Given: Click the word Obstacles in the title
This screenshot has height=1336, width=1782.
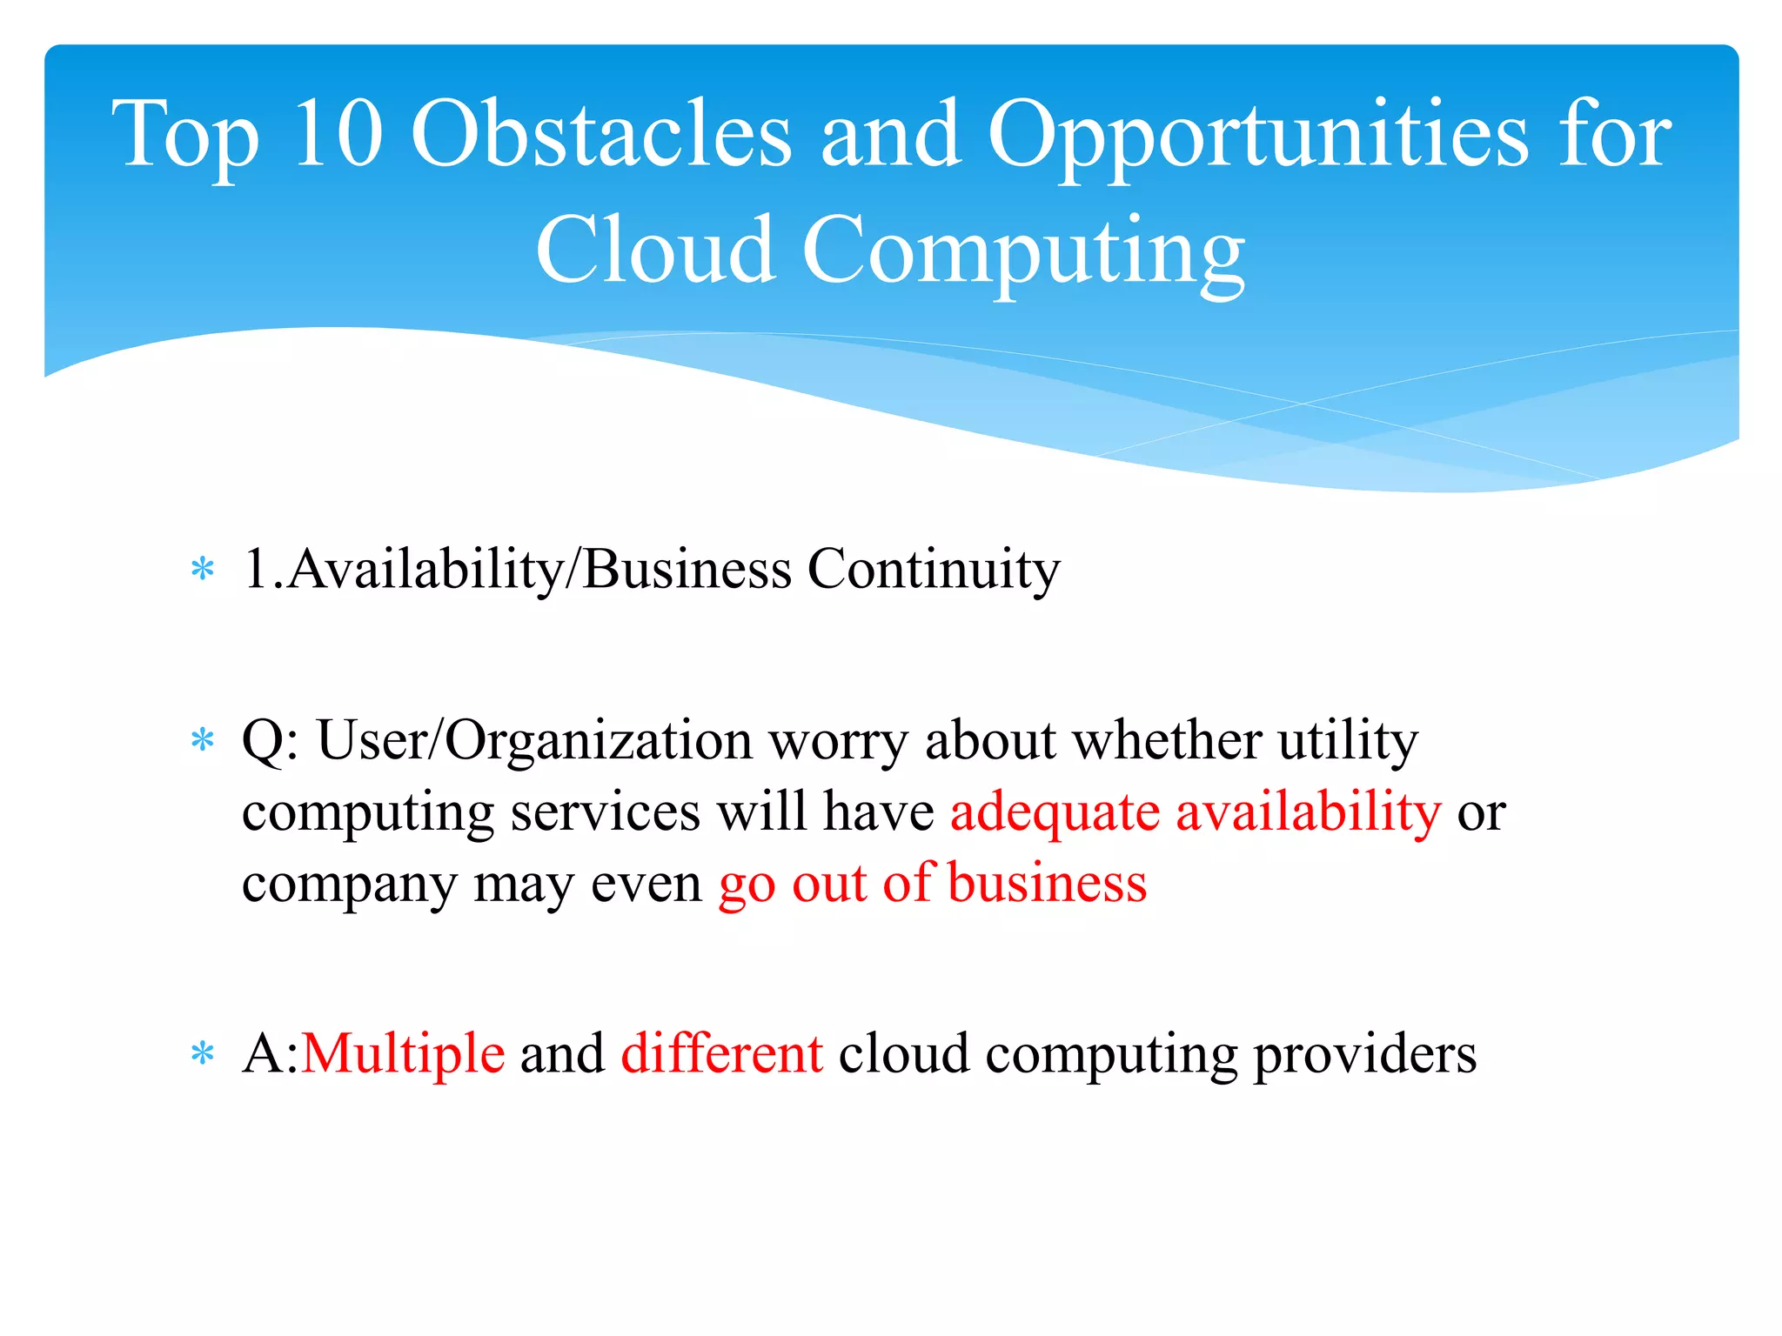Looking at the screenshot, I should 600,135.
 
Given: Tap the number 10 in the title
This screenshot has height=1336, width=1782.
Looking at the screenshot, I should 338,135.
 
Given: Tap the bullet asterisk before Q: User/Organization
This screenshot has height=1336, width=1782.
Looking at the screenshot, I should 202,742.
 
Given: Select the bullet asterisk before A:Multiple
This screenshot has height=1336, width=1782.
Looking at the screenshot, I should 202,1055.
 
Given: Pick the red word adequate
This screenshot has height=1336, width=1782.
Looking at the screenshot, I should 1055,814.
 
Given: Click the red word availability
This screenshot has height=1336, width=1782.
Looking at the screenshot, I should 1308,814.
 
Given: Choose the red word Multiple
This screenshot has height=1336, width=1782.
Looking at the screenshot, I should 403,1055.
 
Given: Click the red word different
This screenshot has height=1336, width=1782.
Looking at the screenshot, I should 721,1053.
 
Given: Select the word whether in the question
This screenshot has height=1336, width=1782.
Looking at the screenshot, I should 1166,741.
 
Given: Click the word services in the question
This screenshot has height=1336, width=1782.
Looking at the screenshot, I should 605,812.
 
